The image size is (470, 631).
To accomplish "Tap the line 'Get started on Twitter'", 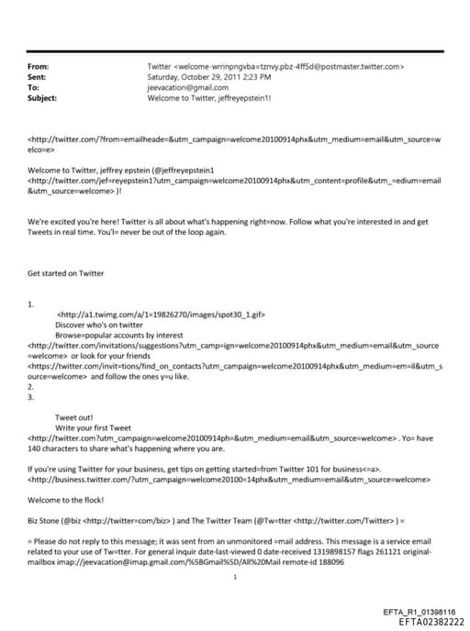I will [65, 273].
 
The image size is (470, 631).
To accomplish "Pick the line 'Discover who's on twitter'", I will [98, 325].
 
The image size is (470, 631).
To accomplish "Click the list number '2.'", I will [31, 387].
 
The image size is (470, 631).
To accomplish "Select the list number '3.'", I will [31, 397].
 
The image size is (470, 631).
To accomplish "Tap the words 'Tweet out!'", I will [76, 417].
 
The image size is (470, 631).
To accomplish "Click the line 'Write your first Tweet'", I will [95, 427].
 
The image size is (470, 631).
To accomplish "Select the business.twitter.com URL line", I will [229, 479].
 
